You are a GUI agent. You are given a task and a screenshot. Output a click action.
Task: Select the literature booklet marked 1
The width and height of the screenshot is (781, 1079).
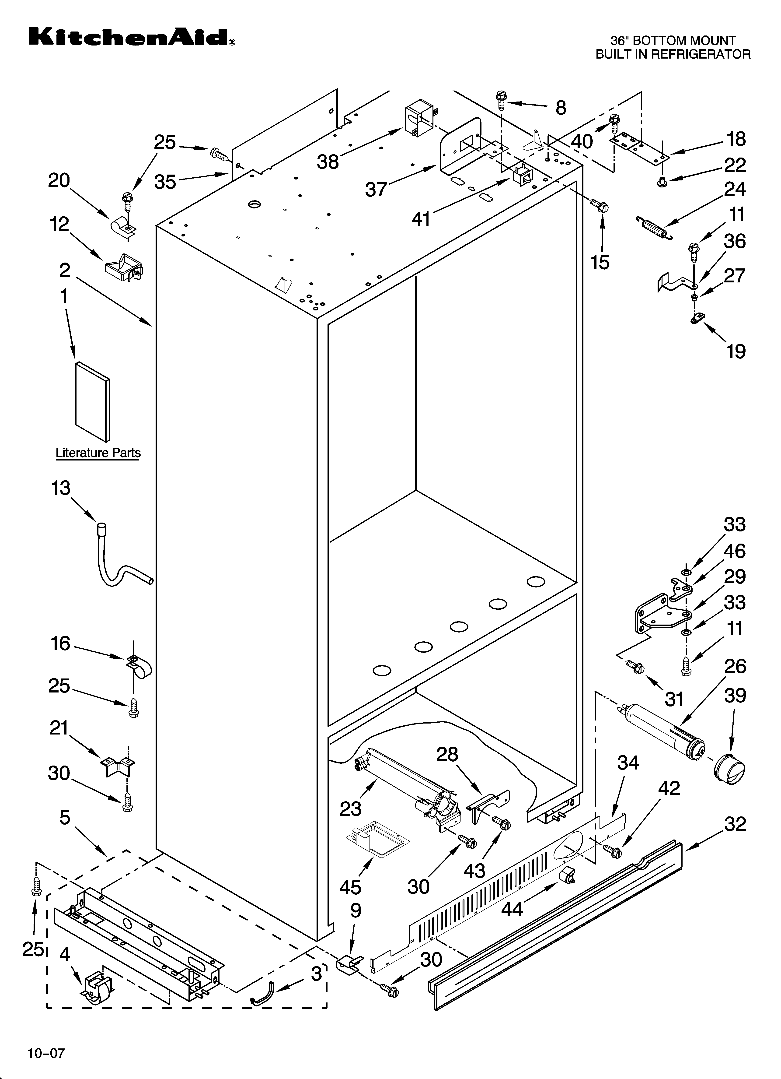coord(92,401)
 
